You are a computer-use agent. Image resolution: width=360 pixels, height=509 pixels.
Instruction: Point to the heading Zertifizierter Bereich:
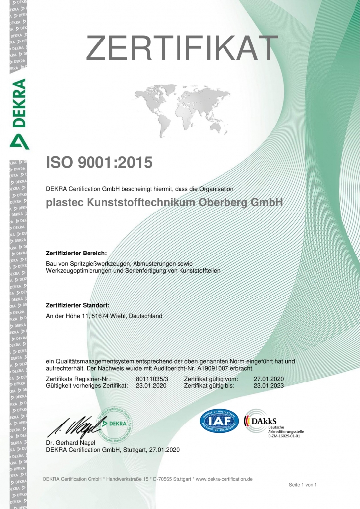(76, 253)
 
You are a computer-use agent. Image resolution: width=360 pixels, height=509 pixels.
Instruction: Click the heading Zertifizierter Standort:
(78, 305)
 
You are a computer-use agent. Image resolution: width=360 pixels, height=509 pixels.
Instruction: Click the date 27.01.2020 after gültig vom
(269, 379)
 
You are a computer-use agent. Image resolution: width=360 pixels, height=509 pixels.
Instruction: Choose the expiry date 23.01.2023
(269, 385)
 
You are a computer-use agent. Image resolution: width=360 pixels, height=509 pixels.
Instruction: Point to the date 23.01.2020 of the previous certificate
(151, 385)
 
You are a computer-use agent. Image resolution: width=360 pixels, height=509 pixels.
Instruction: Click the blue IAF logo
(219, 420)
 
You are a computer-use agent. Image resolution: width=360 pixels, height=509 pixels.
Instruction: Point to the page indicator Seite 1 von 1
(303, 485)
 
